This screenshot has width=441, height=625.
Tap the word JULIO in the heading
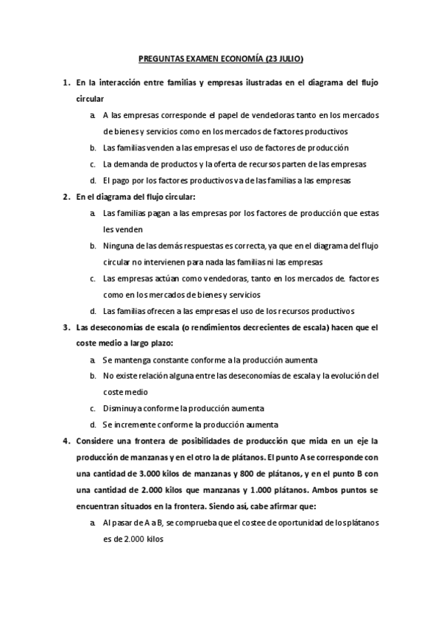coord(286,57)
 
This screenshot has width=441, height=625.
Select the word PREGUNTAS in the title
coord(163,57)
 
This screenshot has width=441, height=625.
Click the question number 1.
coord(66,83)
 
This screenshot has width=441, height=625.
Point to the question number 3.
coord(66,327)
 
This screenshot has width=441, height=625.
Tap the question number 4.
coord(66,441)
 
